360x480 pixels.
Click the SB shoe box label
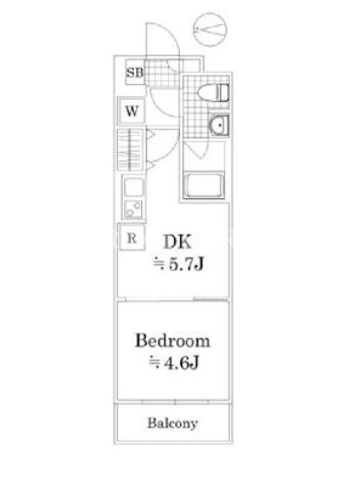134,73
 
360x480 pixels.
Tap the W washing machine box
131,110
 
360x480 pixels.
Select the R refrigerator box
131,237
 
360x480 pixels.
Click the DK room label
178,242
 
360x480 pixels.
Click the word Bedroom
173,341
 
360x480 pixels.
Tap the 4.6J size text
174,363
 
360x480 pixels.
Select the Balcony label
172,424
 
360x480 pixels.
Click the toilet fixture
214,92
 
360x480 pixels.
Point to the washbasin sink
219,125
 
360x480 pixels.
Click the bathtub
203,185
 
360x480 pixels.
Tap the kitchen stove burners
133,209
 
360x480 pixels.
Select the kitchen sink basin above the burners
133,187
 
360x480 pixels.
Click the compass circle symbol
210,29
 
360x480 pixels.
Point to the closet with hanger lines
130,149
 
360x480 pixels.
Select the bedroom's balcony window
175,401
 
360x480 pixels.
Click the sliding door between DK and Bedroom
174,299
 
